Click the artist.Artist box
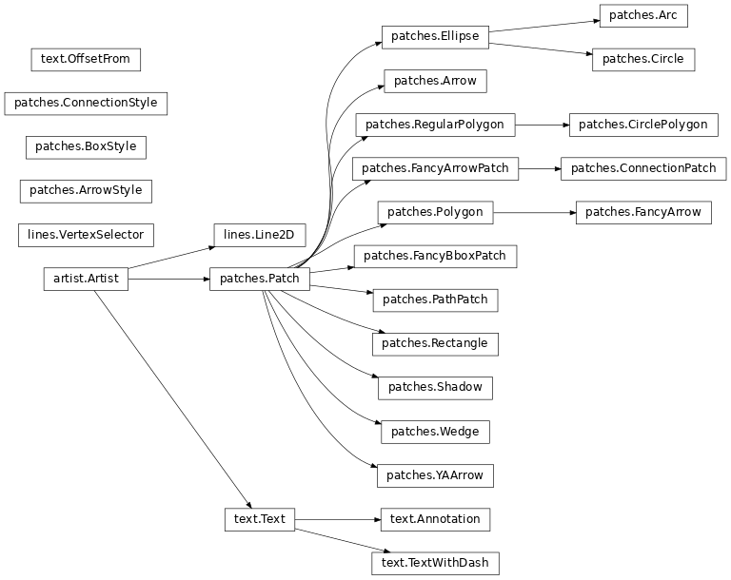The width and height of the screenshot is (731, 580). [x=86, y=279]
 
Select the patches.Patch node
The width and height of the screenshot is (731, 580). [x=259, y=279]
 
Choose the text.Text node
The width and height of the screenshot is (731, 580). [x=259, y=519]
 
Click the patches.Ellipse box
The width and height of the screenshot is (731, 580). [x=435, y=37]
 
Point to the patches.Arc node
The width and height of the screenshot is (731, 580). [x=642, y=15]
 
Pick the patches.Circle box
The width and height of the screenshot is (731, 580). [x=642, y=59]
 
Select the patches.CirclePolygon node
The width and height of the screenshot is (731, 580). [x=642, y=125]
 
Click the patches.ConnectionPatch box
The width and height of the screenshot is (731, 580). [x=642, y=168]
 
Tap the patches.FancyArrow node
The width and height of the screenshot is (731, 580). [x=642, y=212]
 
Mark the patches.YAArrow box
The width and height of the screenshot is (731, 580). [x=435, y=475]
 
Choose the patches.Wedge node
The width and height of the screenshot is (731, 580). [x=435, y=432]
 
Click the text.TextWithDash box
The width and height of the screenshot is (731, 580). [x=435, y=563]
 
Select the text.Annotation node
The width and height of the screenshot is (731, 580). [x=435, y=519]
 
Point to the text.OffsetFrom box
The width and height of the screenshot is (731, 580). [x=86, y=60]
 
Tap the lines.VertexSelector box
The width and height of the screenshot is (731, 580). [x=86, y=235]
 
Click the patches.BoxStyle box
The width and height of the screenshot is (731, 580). [x=86, y=146]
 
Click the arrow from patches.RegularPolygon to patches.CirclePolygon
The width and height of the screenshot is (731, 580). [x=542, y=125]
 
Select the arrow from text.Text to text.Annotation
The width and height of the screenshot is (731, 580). [x=338, y=519]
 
